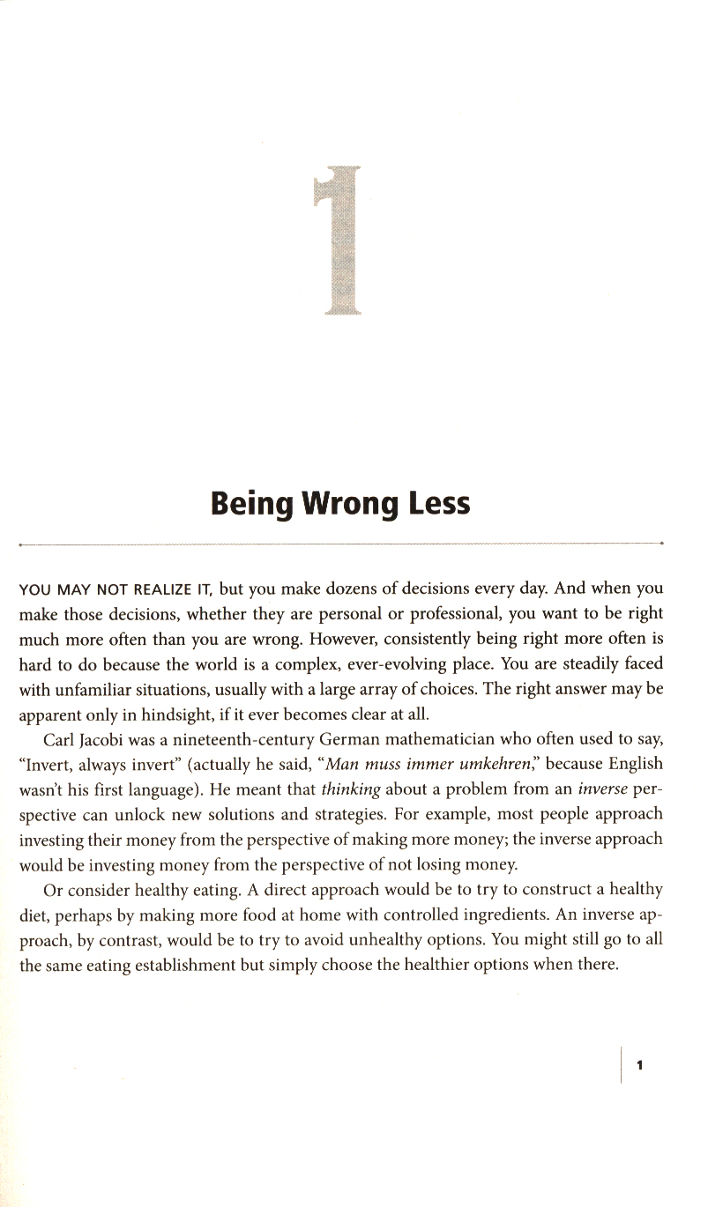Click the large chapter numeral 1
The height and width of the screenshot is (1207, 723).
pos(339,241)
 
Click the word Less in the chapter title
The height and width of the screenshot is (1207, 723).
pos(438,504)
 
